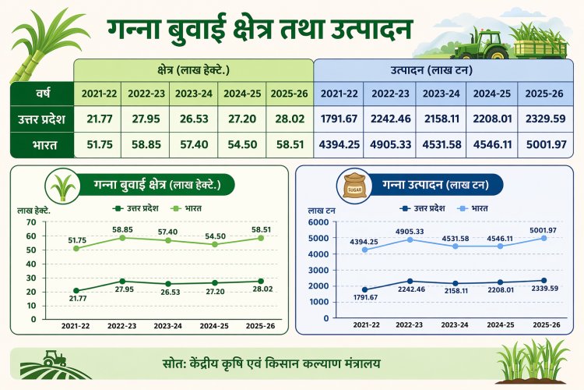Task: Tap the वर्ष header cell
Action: click(x=41, y=94)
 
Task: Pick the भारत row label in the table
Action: click(x=41, y=145)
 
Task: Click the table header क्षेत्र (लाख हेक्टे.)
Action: click(x=193, y=69)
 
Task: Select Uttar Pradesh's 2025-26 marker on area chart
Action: click(x=260, y=281)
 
